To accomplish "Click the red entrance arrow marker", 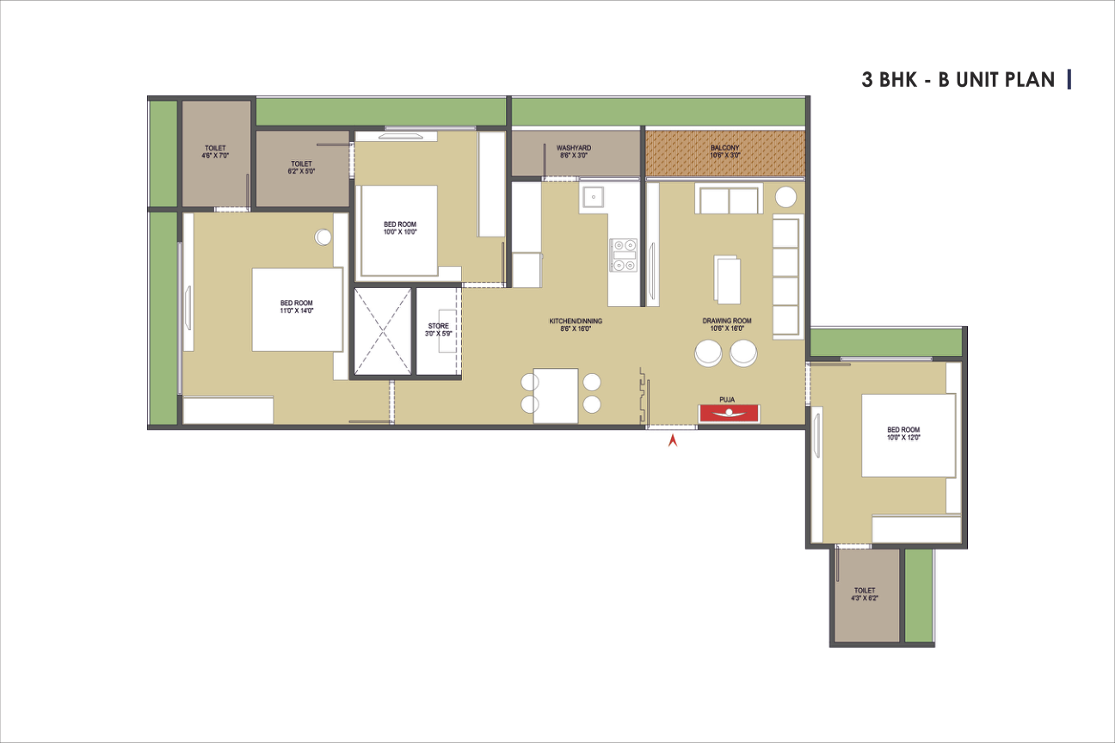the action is click(673, 440).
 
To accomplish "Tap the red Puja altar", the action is click(729, 413).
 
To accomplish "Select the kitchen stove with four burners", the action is click(624, 255).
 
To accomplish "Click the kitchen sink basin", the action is click(594, 197).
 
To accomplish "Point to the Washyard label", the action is click(574, 151).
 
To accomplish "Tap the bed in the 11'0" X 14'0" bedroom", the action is click(297, 310).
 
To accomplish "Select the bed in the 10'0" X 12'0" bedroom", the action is click(909, 435).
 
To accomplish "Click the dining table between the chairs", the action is click(556, 396).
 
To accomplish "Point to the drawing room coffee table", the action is click(727, 279).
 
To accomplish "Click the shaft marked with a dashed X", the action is click(382, 331).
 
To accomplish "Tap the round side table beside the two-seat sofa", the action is click(785, 197).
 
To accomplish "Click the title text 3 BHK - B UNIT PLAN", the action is click(958, 80).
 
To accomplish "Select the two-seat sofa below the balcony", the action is click(730, 199).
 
